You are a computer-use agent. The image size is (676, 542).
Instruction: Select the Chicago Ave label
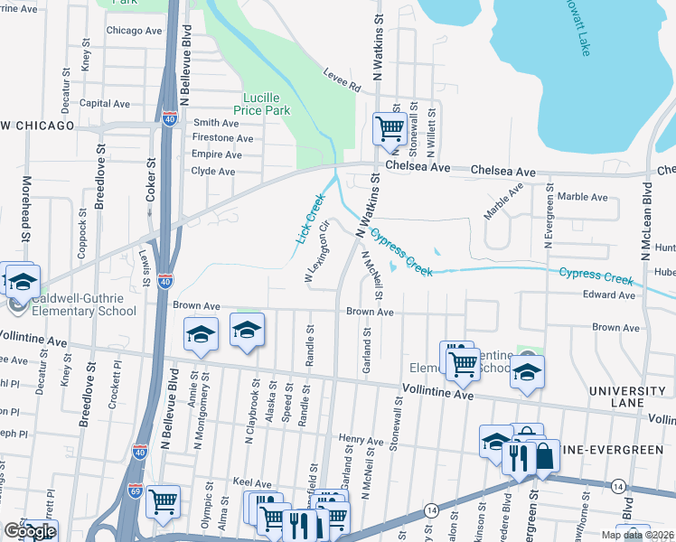click(134, 31)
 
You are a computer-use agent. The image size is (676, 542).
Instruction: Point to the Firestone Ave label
click(222, 138)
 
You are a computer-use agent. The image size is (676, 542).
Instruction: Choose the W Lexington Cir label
click(315, 258)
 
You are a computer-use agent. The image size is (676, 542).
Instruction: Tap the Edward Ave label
click(608, 295)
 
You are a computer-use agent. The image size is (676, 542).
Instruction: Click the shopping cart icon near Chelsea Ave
click(390, 127)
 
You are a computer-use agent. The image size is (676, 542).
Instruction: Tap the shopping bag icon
click(544, 458)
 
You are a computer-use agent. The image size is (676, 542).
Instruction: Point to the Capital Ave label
click(105, 104)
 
